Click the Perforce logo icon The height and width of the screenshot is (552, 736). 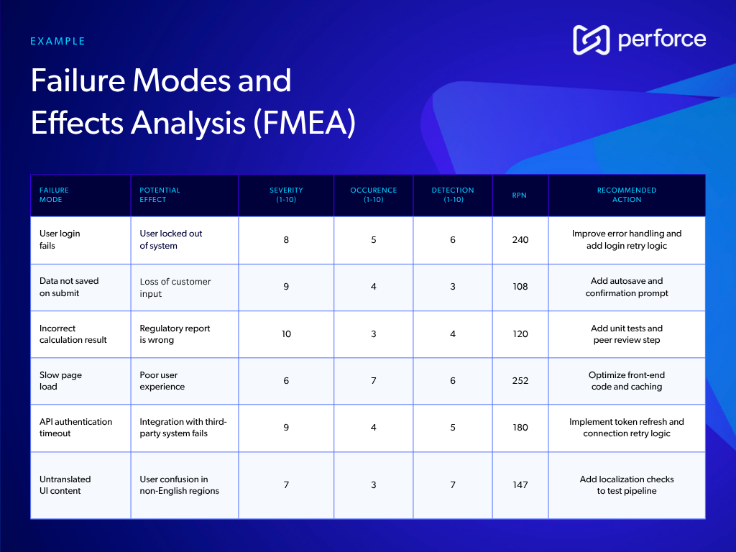pyautogui.click(x=591, y=40)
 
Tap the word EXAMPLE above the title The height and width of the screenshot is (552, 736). pyautogui.click(x=57, y=42)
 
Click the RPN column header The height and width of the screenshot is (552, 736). pyautogui.click(x=520, y=195)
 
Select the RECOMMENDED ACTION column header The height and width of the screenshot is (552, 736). pyautogui.click(x=626, y=195)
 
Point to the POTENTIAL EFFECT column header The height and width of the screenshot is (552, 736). pyautogui.click(x=160, y=195)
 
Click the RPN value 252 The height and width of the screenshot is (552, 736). pyautogui.click(x=520, y=381)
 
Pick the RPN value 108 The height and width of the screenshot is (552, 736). pyautogui.click(x=520, y=287)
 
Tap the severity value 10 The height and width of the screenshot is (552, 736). pyautogui.click(x=286, y=334)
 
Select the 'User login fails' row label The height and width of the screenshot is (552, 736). pyautogui.click(x=60, y=239)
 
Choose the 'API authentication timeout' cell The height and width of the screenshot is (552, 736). pyautogui.click(x=75, y=428)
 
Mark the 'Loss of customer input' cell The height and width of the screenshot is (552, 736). pyautogui.click(x=175, y=287)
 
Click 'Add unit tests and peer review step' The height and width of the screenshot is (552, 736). pyautogui.click(x=626, y=334)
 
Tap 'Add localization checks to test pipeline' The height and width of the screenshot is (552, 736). pyautogui.click(x=626, y=485)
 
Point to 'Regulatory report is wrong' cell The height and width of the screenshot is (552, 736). pyautogui.click(x=175, y=334)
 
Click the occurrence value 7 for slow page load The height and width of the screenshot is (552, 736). pyautogui.click(x=374, y=381)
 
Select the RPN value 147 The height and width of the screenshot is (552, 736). pyautogui.click(x=520, y=485)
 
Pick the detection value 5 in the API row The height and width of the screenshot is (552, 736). pyautogui.click(x=453, y=428)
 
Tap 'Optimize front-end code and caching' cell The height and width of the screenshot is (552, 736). pyautogui.click(x=626, y=381)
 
